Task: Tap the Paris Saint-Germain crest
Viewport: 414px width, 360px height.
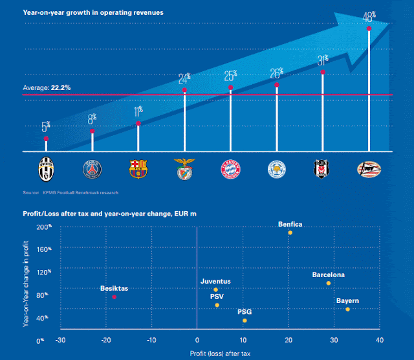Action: [92, 170]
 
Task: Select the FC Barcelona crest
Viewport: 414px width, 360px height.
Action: [138, 170]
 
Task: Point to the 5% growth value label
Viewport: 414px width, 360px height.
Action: [46, 127]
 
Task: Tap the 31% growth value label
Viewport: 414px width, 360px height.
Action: [322, 60]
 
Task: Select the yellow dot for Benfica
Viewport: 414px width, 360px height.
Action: [290, 232]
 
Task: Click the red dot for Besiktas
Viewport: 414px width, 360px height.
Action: [114, 297]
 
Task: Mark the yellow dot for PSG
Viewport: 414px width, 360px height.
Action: [245, 321]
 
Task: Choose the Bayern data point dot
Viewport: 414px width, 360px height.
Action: [347, 309]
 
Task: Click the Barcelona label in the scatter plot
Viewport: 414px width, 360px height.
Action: [328, 275]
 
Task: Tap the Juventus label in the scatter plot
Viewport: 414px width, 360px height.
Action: [215, 282]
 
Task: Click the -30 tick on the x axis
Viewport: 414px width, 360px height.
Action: [61, 340]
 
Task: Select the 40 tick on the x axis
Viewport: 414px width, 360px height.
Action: [379, 340]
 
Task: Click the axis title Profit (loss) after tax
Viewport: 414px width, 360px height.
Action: [220, 354]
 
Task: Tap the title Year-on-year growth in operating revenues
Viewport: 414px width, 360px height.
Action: [93, 12]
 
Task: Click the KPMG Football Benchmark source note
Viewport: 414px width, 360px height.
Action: [71, 192]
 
